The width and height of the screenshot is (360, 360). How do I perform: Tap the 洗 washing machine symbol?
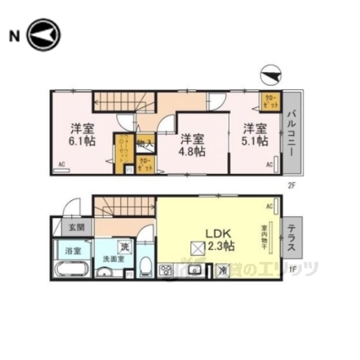pyautogui.click(x=123, y=246)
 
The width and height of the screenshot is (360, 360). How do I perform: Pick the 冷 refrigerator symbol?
pyautogui.click(x=223, y=271)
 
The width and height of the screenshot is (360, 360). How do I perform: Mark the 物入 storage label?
pyautogui.click(x=147, y=142)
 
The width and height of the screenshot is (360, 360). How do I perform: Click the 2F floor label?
pyautogui.click(x=292, y=181)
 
